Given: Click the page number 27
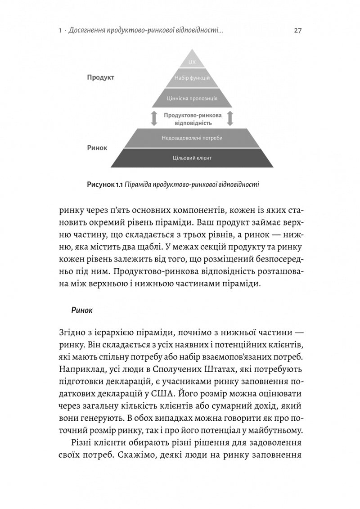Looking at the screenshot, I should point(297,31).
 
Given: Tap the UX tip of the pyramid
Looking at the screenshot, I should point(192,62).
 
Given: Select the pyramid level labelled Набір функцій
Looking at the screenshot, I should point(192,78).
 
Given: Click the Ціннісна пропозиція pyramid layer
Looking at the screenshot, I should point(192,98).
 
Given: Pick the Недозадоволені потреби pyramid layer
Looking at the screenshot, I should point(192,138).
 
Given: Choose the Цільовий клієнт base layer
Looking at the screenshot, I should point(192,158).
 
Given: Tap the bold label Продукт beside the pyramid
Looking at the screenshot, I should point(101,77).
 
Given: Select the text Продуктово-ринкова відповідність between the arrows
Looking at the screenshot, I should point(192,118).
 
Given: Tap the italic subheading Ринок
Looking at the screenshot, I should point(81,310).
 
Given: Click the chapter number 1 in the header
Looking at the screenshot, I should point(60,31).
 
